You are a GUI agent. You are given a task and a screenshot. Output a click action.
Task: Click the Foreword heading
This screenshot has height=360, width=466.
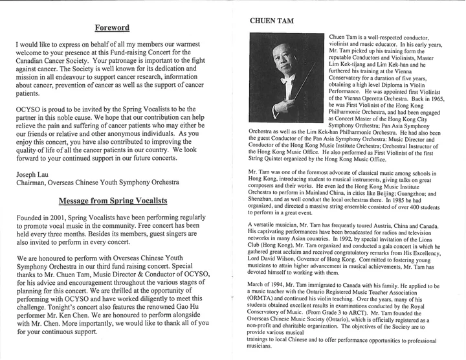click(x=112, y=28)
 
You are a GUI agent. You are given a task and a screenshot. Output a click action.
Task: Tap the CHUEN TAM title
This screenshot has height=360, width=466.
click(x=272, y=21)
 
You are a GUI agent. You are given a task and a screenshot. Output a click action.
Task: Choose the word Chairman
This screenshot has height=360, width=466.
click(x=36, y=183)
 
